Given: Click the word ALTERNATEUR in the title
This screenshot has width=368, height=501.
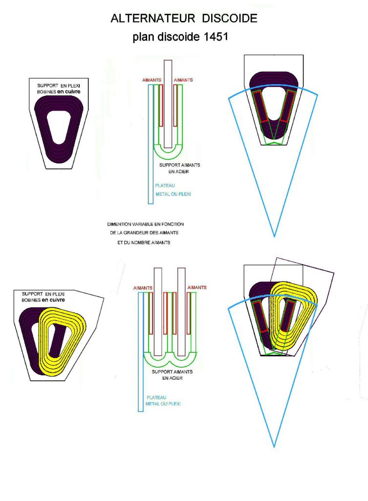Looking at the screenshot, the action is [145, 19].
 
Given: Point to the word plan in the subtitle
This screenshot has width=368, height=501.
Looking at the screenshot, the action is [143, 38].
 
